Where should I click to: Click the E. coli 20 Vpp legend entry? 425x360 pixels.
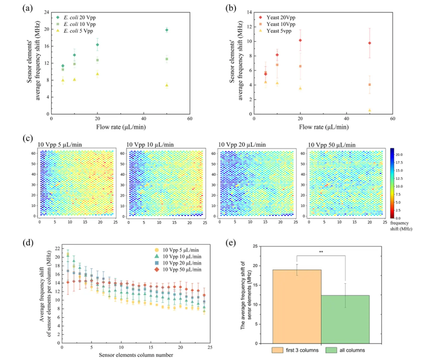click(79, 18)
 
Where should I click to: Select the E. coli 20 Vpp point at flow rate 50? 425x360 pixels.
click(167, 30)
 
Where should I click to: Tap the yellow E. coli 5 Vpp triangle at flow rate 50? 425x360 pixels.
click(167, 85)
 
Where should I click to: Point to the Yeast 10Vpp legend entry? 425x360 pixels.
click(280, 24)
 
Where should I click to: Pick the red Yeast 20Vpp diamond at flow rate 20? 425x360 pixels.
click(300, 40)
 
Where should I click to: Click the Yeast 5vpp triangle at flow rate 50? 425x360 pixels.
click(369, 110)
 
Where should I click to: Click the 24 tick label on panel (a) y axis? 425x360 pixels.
click(47, 12)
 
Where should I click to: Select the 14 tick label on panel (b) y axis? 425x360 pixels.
click(249, 12)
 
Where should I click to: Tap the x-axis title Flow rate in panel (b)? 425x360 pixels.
click(324, 127)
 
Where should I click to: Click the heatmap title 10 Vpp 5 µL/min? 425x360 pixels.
click(60, 144)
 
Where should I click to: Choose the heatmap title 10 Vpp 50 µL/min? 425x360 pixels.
click(331, 145)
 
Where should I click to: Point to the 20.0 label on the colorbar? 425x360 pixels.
click(399, 155)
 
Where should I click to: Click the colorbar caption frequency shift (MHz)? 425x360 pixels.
click(401, 226)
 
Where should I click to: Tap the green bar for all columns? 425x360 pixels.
click(345, 319)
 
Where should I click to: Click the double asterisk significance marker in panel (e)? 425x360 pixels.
click(321, 252)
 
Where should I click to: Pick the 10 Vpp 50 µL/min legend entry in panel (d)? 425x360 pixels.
click(182, 269)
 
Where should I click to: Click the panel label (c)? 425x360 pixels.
click(28, 139)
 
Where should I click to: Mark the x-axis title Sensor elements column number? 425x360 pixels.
click(136, 355)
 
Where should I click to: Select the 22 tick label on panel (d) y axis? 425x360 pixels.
click(57, 248)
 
